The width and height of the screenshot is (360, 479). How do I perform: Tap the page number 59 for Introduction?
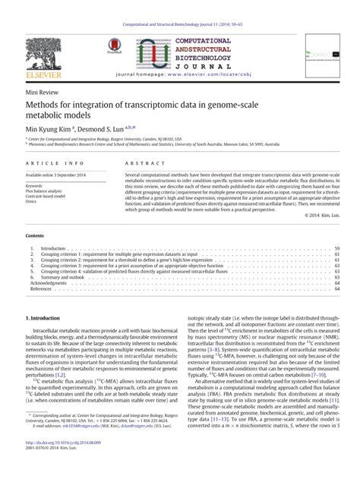[336, 248]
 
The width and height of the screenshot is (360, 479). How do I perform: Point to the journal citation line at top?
[180, 24]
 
